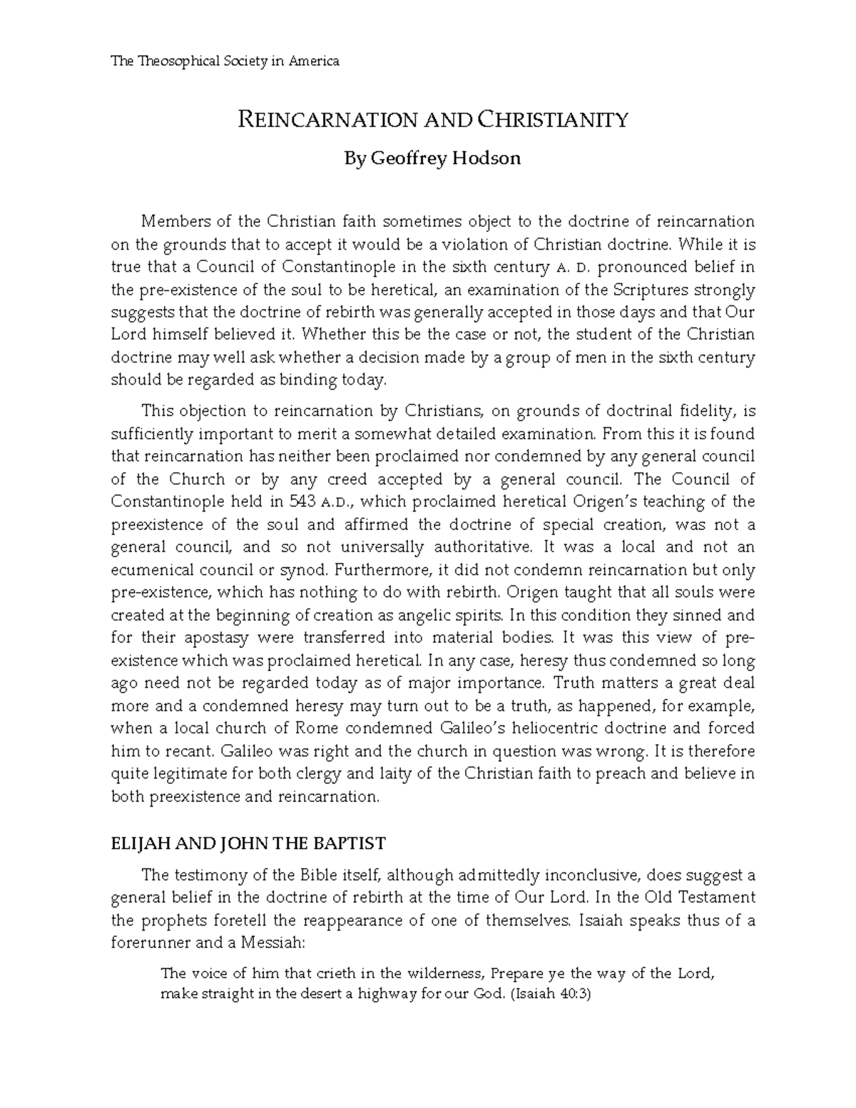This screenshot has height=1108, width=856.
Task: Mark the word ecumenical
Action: [152, 570]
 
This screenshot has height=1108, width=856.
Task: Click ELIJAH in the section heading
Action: [137, 843]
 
